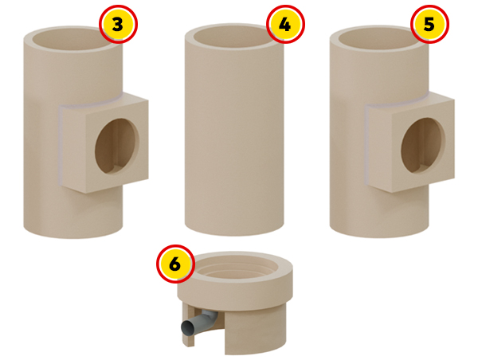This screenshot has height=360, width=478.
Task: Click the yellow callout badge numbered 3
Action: click(118, 24)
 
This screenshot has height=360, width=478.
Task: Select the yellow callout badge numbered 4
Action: click(285, 24)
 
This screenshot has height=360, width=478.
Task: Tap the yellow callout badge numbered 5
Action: click(429, 24)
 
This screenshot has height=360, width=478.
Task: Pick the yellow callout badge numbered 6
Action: click(175, 264)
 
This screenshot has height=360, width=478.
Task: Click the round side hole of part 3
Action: click(117, 146)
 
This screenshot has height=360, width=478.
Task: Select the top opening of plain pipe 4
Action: click(233, 37)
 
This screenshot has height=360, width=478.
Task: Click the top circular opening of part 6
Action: click(236, 268)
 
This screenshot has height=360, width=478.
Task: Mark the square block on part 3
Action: click(104, 143)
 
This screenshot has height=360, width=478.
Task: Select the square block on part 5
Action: click(409, 142)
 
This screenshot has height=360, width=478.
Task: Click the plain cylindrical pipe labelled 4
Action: click(234, 130)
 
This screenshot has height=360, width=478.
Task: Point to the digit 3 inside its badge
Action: click(118, 25)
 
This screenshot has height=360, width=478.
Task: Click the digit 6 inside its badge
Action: click(175, 264)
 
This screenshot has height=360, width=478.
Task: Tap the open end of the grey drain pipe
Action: click(186, 328)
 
